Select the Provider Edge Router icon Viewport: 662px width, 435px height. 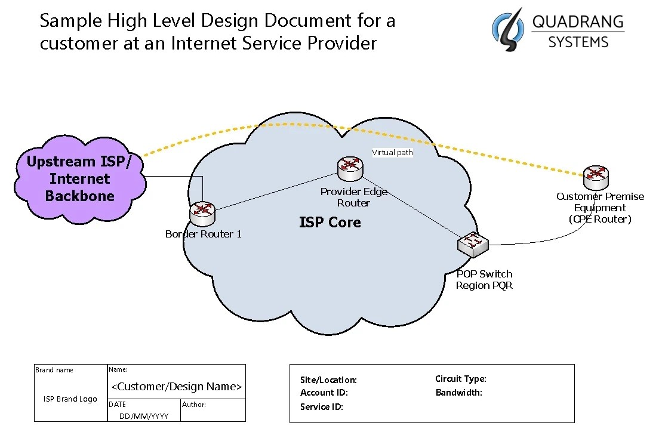[349, 169]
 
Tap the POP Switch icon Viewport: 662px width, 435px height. [473, 243]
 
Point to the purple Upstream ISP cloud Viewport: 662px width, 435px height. [79, 178]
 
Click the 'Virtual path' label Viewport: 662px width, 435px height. [392, 153]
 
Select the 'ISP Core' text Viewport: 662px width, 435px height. [330, 223]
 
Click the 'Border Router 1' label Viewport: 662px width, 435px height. [204, 234]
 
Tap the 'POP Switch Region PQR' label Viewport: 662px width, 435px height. [484, 279]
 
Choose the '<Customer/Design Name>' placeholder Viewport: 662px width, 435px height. [177, 387]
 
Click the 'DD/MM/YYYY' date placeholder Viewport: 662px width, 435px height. [144, 416]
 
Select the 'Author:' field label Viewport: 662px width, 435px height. [194, 405]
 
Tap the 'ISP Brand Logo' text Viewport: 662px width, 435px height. [70, 399]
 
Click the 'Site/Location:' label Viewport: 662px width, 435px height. [328, 380]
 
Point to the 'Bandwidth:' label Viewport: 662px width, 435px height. [458, 393]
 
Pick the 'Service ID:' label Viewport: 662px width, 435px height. [322, 407]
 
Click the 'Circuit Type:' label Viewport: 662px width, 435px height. [460, 379]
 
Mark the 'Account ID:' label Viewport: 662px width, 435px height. [324, 393]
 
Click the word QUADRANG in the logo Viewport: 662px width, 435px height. [577, 23]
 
